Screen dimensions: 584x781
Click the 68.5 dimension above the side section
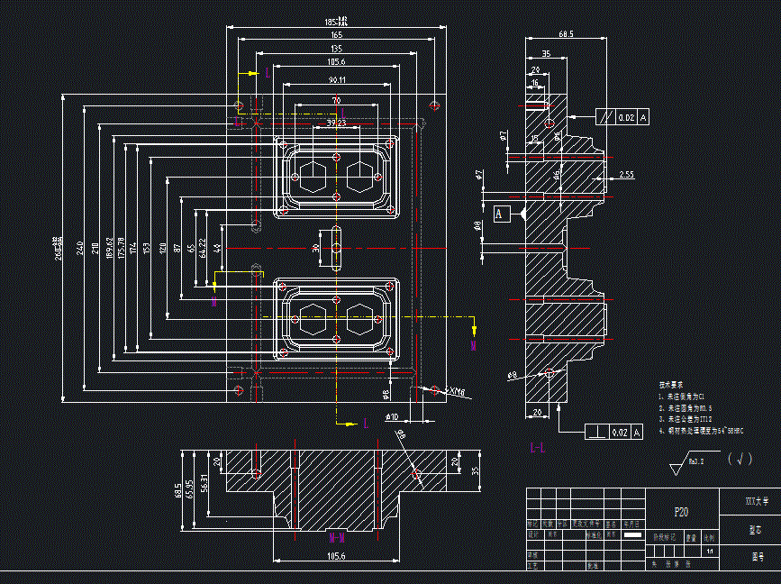tap(566, 34)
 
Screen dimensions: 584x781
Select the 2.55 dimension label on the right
tap(627, 174)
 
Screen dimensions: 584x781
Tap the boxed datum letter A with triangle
tap(500, 214)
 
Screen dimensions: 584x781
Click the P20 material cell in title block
tap(682, 511)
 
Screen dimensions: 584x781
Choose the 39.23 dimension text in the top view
tap(336, 123)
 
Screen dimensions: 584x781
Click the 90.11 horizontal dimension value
tap(337, 80)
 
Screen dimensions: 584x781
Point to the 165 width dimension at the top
tap(336, 34)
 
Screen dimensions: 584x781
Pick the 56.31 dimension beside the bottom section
tap(203, 486)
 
